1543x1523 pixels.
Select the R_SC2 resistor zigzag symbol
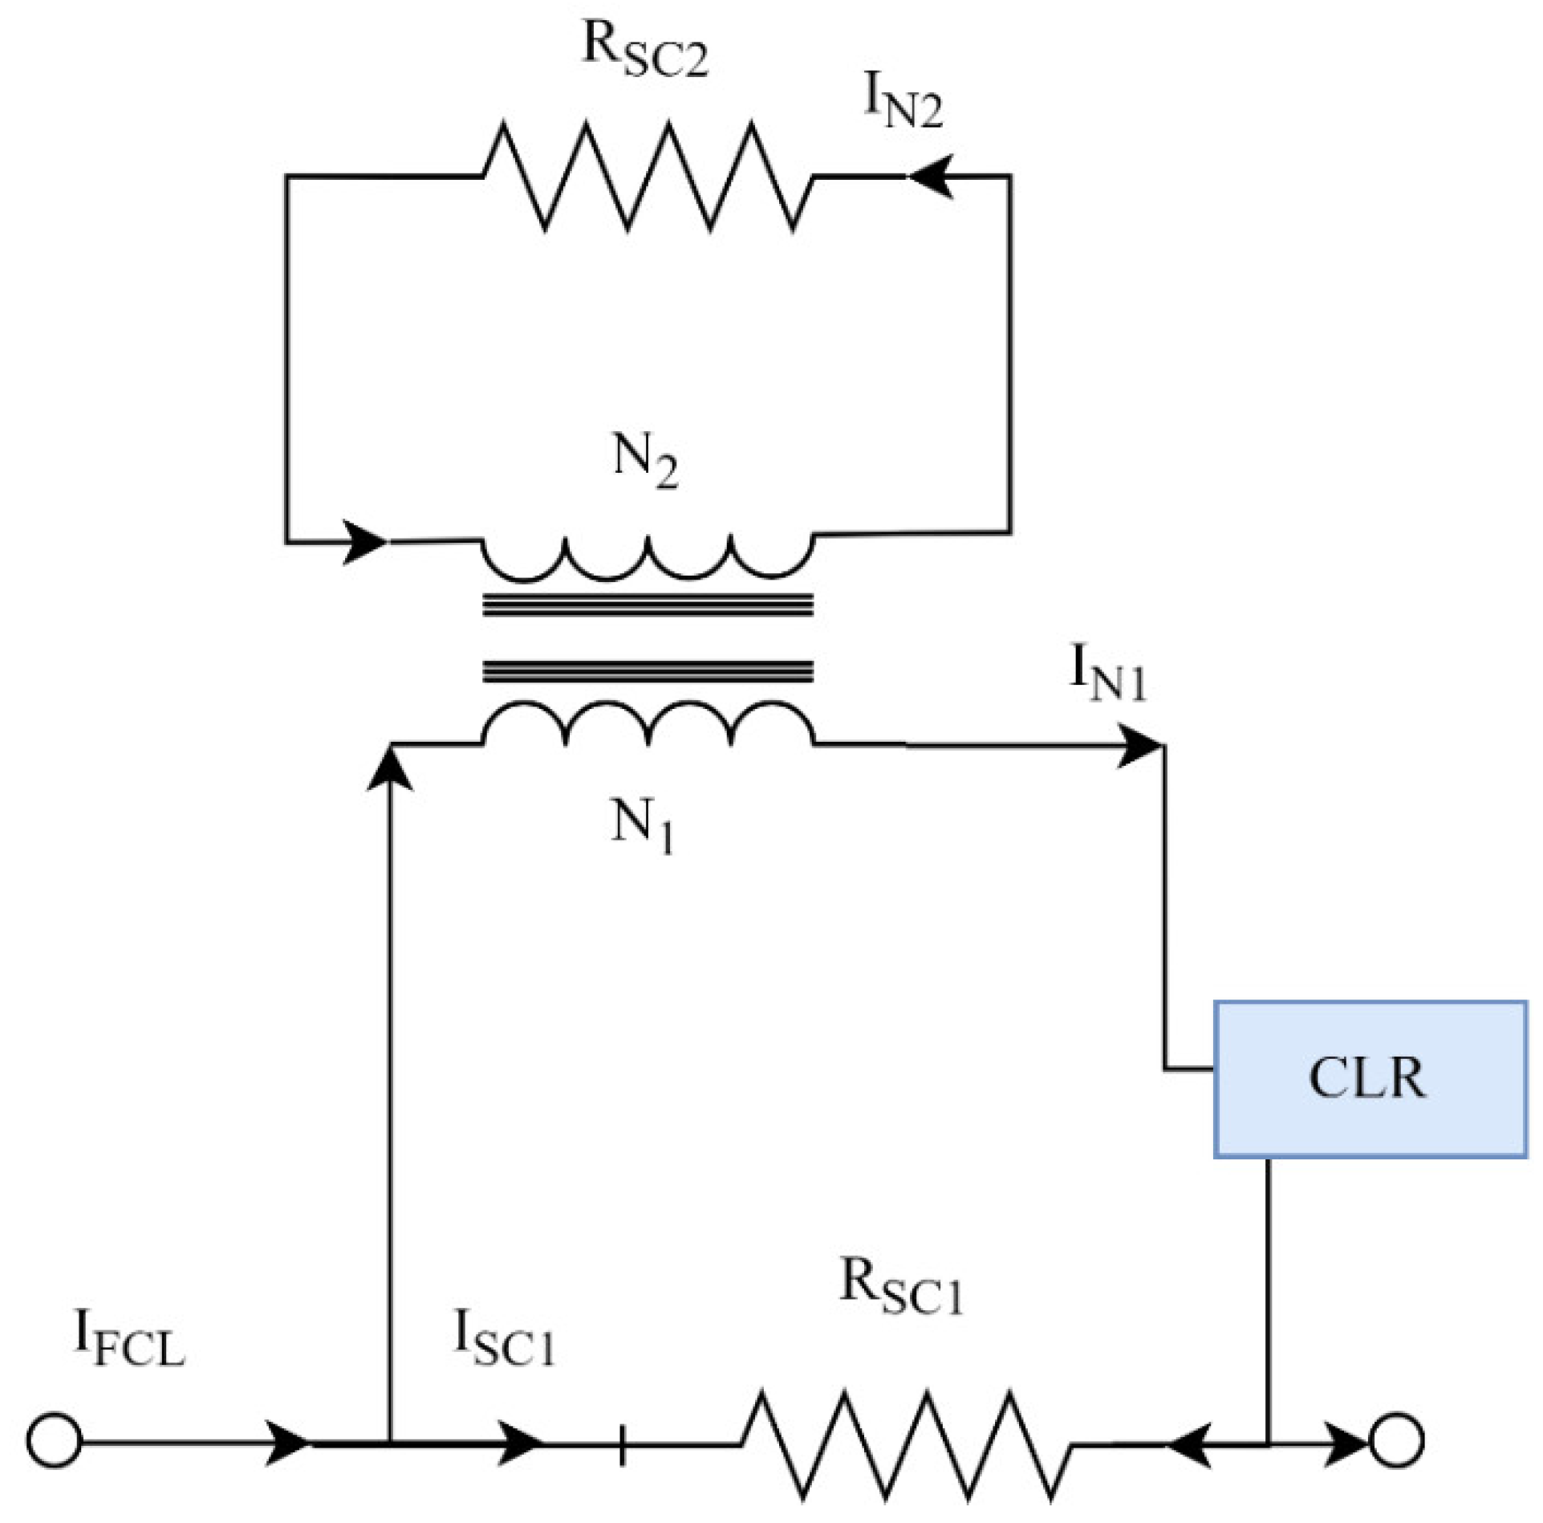[648, 176]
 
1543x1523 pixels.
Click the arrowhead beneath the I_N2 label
[931, 176]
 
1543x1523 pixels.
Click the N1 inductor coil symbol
[648, 723]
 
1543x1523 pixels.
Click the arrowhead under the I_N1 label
[1139, 746]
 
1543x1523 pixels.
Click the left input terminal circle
[55, 1442]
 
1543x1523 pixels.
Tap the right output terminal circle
[1397, 1442]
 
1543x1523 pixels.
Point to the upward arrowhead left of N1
[390, 769]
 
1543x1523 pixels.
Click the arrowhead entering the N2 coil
[365, 542]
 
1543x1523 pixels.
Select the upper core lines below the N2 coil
[648, 604]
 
